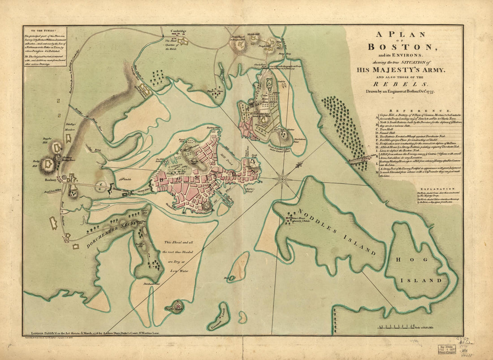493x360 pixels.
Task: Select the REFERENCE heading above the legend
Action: point(419,110)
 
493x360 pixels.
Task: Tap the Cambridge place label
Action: point(178,31)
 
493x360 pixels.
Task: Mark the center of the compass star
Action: point(282,178)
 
